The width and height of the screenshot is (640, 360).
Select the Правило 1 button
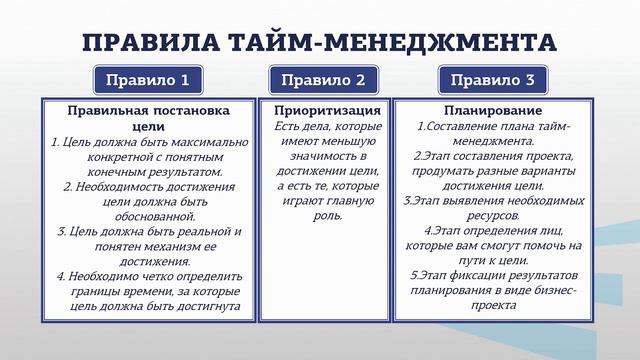click(x=148, y=80)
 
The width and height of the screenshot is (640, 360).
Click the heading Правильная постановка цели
click(x=148, y=118)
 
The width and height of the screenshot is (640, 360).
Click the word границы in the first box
click(x=102, y=290)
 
